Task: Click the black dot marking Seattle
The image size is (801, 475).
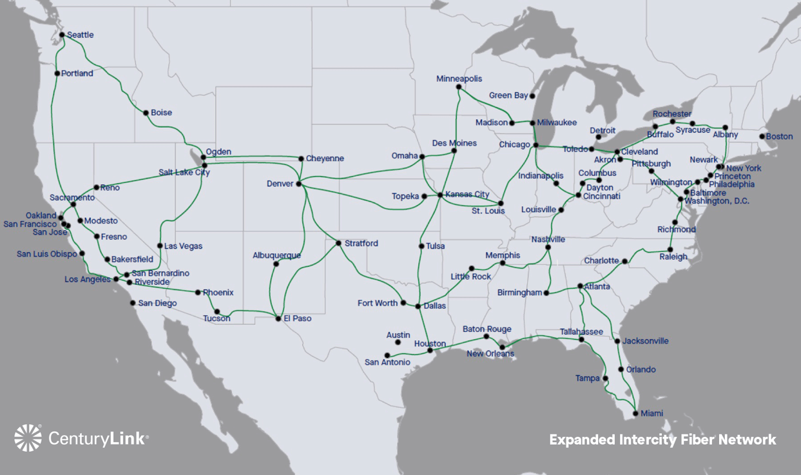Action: tap(62, 35)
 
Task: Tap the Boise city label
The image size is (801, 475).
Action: tap(161, 113)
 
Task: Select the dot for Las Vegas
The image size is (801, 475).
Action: tap(160, 246)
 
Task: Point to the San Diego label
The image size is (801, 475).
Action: tap(157, 303)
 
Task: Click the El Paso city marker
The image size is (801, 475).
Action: tap(278, 318)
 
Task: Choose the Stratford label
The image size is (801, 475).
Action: tap(361, 244)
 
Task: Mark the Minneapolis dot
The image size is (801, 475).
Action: tap(459, 87)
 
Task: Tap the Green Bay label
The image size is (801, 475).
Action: tap(508, 95)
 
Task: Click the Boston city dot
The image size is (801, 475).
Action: tap(762, 137)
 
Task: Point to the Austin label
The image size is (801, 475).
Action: tap(398, 335)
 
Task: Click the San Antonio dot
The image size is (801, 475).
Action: tap(387, 355)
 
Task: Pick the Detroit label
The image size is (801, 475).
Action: tap(603, 130)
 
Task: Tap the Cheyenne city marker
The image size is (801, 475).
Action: tap(301, 159)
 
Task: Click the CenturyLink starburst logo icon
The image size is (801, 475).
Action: tap(28, 438)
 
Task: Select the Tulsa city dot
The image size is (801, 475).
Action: tap(421, 246)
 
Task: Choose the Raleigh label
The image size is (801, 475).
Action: tap(673, 257)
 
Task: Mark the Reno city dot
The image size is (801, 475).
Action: tap(97, 188)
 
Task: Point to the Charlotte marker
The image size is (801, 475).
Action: tap(624, 261)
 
